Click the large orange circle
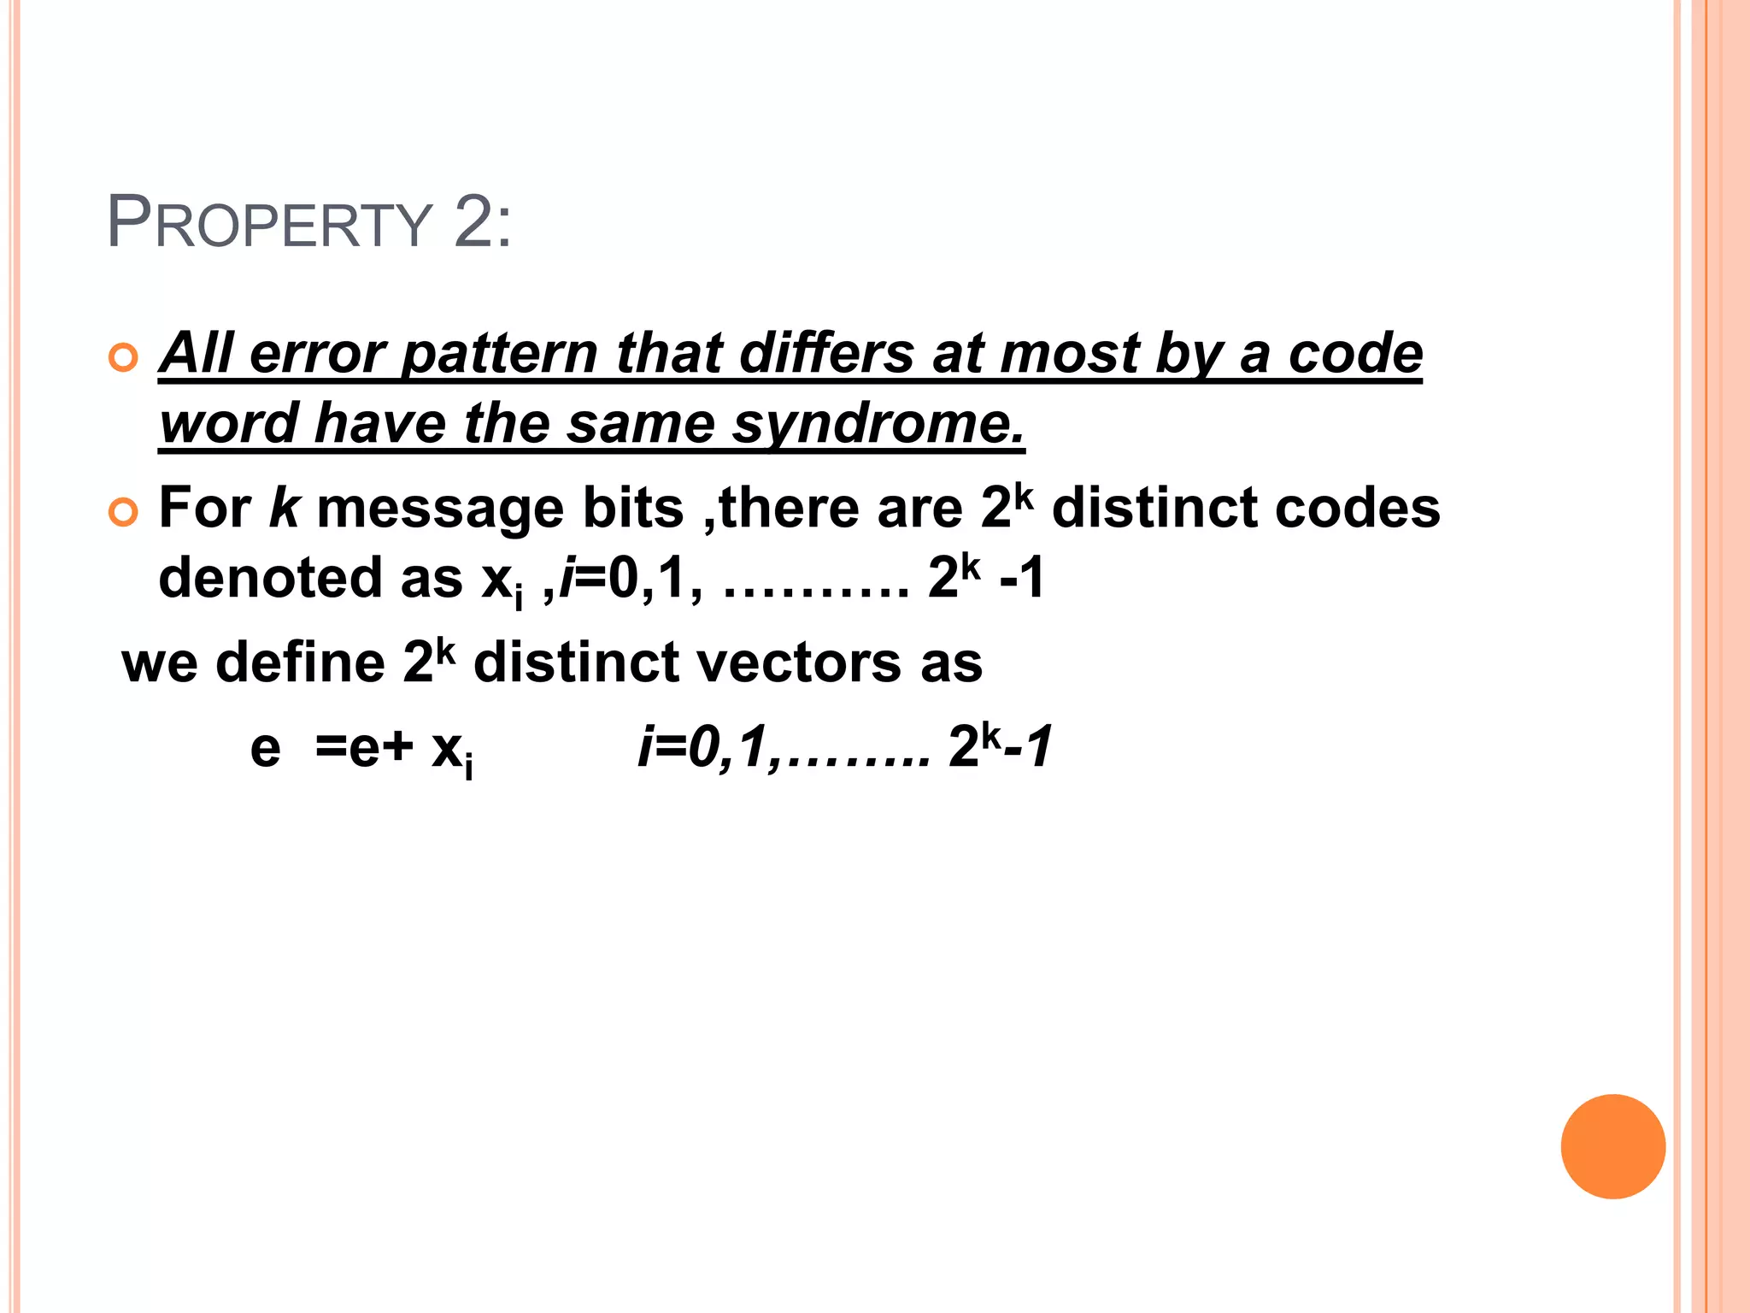pos(1612,1146)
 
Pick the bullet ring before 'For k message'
pos(124,512)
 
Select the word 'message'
pos(439,509)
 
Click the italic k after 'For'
pos(284,509)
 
